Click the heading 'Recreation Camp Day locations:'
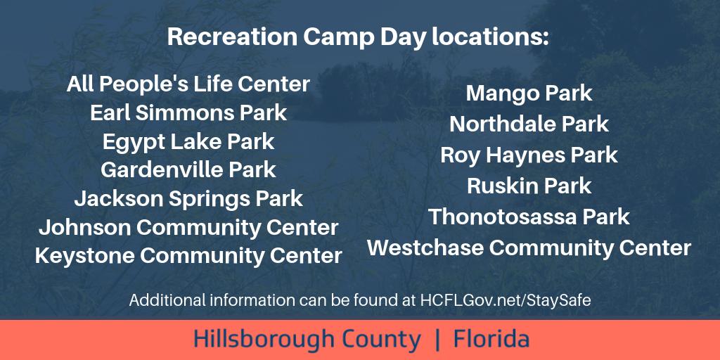357,37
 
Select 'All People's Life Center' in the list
188,84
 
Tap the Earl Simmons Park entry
188,112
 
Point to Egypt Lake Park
188,141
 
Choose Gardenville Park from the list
188,170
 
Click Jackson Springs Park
188,199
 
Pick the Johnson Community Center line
188,228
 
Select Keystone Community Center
188,256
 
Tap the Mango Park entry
529,93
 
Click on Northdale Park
529,124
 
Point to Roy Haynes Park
529,155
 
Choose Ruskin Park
529,186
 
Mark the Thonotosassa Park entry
529,217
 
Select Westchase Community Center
529,248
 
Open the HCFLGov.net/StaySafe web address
506,301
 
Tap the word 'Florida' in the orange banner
491,340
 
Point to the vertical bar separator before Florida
438,340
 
